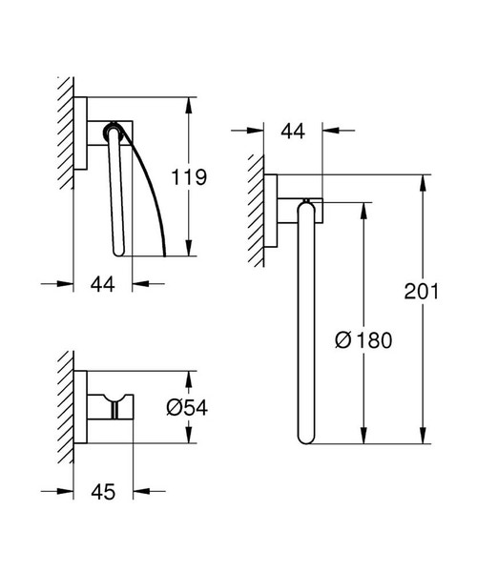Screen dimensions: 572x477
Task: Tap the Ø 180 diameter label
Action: click(x=364, y=338)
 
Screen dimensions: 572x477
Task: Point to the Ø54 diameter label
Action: click(x=186, y=407)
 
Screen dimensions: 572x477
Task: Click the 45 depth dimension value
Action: click(x=104, y=491)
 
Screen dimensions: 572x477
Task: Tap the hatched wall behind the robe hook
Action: click(x=66, y=405)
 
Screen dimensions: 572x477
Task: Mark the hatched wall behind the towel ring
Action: click(x=257, y=210)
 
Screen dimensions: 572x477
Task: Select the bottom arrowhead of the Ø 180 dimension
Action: click(x=363, y=439)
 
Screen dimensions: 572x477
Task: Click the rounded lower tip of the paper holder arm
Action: click(x=120, y=254)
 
